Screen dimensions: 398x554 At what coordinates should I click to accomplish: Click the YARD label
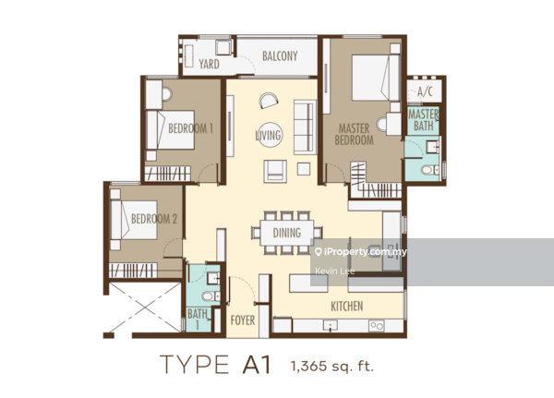[209, 65]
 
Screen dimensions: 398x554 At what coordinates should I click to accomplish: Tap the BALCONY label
[279, 57]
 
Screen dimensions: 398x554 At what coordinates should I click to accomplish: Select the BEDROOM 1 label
[191, 129]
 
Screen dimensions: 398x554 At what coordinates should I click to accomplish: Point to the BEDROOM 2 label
[154, 219]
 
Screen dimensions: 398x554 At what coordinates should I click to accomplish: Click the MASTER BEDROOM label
[355, 135]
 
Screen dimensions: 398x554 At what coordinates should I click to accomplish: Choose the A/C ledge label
[425, 92]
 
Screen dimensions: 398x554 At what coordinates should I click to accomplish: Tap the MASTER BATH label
[425, 119]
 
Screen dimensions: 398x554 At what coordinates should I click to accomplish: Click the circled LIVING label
[269, 136]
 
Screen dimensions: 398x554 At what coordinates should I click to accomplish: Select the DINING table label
[287, 233]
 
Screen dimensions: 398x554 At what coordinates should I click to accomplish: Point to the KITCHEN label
[347, 307]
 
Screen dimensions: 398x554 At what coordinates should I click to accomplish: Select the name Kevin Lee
[333, 271]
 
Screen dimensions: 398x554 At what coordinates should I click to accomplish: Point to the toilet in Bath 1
[209, 295]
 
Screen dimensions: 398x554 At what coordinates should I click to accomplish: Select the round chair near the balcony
[266, 101]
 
